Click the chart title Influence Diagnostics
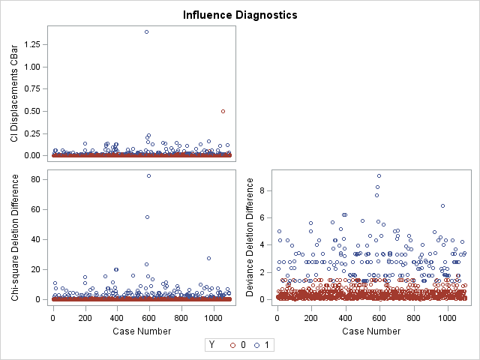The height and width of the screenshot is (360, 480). tap(240, 14)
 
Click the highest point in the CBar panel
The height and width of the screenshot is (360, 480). tap(146, 31)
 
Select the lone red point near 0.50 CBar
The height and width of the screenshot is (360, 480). tap(223, 111)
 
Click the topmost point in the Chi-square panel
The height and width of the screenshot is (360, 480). tap(148, 175)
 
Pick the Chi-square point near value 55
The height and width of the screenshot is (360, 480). tap(147, 217)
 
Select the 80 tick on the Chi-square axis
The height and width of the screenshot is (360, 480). tap(37, 179)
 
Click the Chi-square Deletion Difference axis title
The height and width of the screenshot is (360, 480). tap(14, 237)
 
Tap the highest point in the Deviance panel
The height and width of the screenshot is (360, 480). tap(379, 175)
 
